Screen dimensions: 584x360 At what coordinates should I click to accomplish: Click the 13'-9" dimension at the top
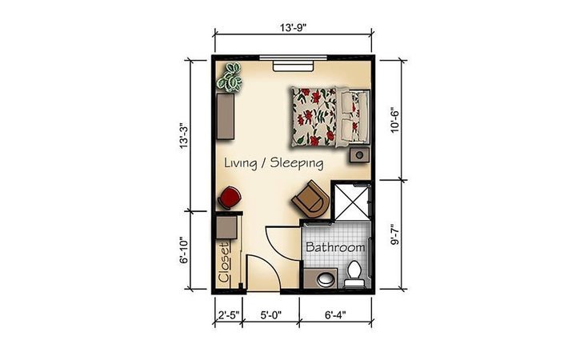point(294,27)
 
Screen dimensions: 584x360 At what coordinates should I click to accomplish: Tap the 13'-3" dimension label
point(184,136)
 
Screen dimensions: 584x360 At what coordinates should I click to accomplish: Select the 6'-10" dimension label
point(184,250)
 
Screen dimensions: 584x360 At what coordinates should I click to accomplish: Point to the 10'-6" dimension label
point(394,120)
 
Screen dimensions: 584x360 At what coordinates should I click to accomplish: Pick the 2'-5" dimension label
point(228,315)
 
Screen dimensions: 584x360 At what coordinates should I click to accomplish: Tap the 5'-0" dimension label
point(270,315)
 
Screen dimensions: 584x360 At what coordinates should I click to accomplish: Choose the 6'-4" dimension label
point(335,315)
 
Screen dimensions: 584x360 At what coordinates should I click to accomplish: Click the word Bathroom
point(335,247)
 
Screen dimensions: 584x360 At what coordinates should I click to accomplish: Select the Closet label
point(224,262)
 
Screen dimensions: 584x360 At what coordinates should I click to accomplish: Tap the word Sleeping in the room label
point(297,163)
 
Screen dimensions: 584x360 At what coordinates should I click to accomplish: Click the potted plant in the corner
point(230,77)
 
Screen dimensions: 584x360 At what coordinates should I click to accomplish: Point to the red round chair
point(229,198)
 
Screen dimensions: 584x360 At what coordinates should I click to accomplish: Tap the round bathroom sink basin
point(326,279)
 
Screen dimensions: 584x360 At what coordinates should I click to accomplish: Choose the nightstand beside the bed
point(359,155)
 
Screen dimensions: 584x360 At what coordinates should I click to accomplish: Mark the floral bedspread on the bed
point(314,117)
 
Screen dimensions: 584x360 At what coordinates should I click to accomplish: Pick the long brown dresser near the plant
point(226,116)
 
